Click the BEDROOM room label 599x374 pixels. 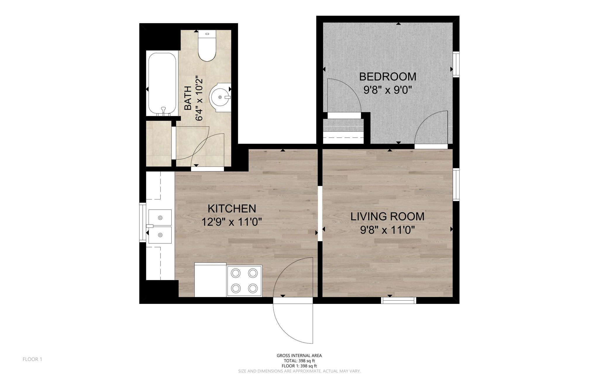pos(388,77)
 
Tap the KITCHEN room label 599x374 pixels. pos(232,208)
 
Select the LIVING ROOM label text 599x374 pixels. pos(388,216)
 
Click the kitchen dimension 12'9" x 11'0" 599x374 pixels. pos(232,222)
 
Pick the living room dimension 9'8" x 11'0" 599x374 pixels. pos(388,230)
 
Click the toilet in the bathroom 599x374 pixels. pos(207,46)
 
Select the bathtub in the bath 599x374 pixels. pos(162,84)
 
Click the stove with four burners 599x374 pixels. pos(245,281)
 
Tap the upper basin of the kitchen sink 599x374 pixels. pos(160,218)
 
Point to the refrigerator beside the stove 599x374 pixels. pos(211,280)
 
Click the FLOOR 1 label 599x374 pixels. pos(32,359)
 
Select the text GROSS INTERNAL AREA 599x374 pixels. pos(299,356)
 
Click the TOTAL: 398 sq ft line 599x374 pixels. pos(299,361)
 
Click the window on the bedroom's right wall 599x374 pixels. pos(456,64)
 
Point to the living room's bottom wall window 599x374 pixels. pos(399,300)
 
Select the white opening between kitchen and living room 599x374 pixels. pos(320,213)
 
